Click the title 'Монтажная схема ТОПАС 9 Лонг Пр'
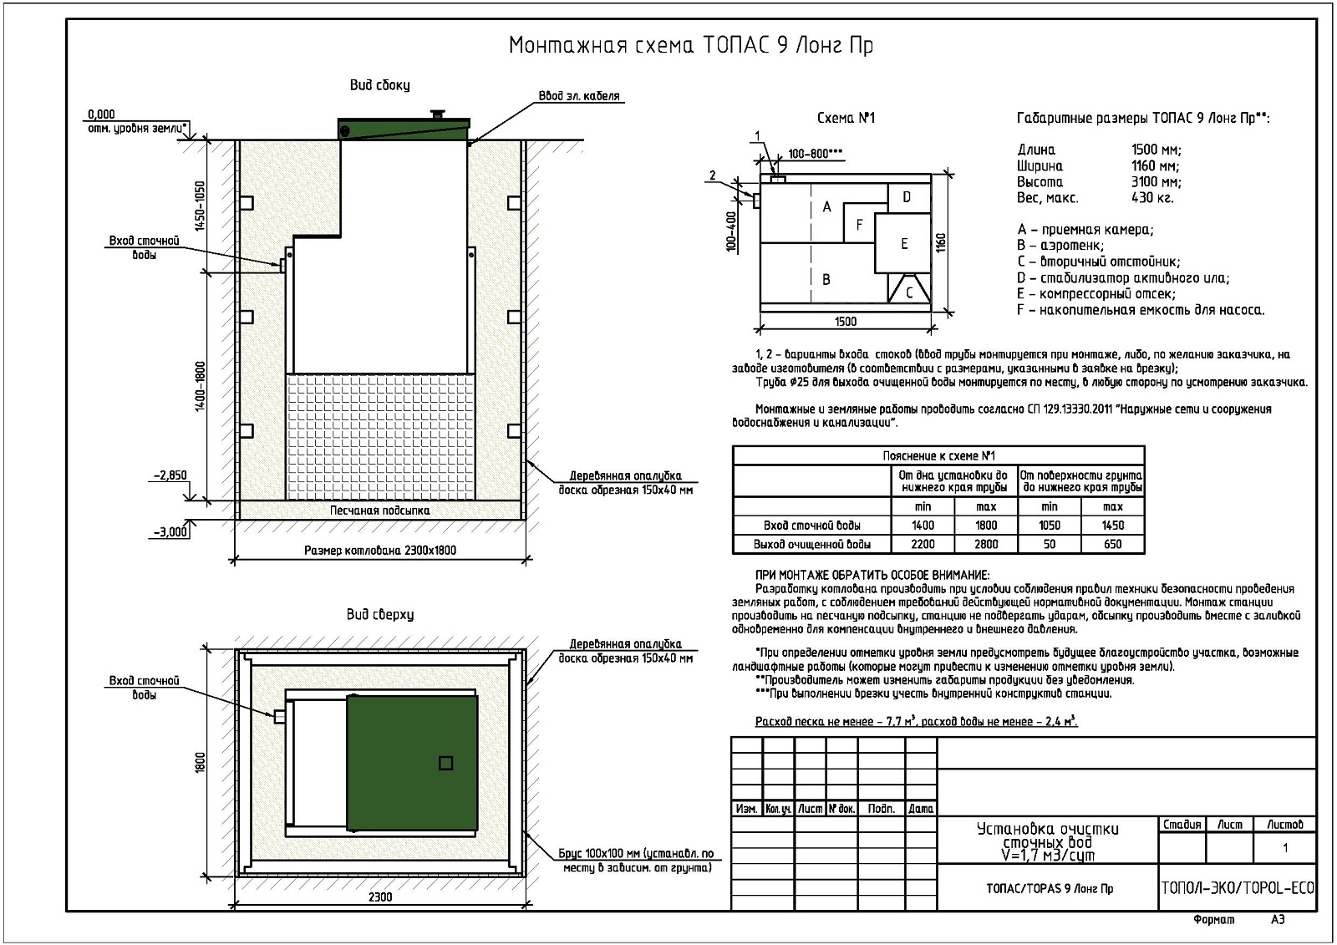coord(691,45)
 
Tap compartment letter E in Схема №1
coord(903,243)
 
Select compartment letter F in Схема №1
coord(858,224)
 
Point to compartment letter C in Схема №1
coord(909,292)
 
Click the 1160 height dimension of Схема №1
coord(942,242)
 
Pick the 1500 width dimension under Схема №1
coord(845,321)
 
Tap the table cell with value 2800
coord(986,544)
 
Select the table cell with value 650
coord(1112,544)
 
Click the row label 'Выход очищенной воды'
coord(811,544)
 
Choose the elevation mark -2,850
coord(170,475)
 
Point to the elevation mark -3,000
coord(170,531)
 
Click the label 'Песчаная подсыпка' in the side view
coord(379,510)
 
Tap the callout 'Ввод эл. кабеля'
coord(579,96)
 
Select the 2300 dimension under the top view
coord(379,897)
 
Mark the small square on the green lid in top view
coord(445,762)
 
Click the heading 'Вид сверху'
coord(379,615)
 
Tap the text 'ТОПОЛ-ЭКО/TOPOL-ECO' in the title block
coord(1238,888)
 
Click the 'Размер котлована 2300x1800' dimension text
coord(379,551)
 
